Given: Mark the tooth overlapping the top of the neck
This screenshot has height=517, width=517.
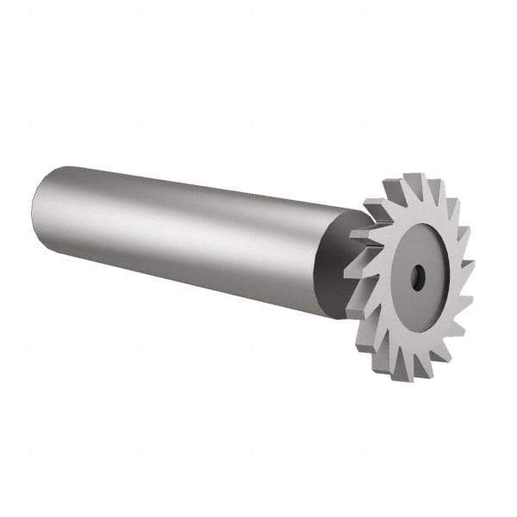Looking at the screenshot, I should coord(377,211).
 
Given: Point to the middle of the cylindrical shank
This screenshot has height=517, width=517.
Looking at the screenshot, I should coord(181,233).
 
